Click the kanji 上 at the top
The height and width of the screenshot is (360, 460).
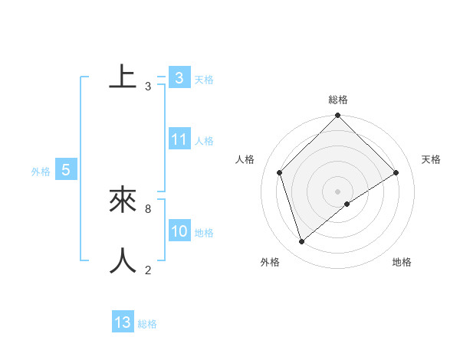pos(123,77)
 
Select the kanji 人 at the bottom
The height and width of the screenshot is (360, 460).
pos(123,260)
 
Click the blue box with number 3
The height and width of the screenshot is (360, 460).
pos(179,78)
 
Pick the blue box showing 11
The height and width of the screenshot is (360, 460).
pos(179,139)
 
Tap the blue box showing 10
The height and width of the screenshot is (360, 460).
pos(179,232)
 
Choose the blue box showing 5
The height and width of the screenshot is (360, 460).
pos(66,170)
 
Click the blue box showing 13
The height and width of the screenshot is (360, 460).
pos(123,322)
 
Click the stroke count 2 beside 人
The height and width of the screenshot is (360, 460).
pos(147,270)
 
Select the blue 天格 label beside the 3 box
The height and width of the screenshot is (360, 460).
pos(204,80)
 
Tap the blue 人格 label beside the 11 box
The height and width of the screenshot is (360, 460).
pos(204,141)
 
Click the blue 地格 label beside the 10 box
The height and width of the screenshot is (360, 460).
pos(204,233)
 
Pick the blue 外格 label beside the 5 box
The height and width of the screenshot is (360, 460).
pos(41,172)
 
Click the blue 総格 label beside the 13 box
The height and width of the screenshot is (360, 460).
pos(147,324)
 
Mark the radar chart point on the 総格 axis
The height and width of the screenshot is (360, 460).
pos(337,116)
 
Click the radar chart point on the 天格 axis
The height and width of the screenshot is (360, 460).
pos(396,172)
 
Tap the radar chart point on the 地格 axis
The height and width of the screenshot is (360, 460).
pos(347,203)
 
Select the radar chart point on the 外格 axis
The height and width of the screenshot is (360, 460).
pos(302,242)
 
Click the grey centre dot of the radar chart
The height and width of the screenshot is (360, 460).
pos(337,191)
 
